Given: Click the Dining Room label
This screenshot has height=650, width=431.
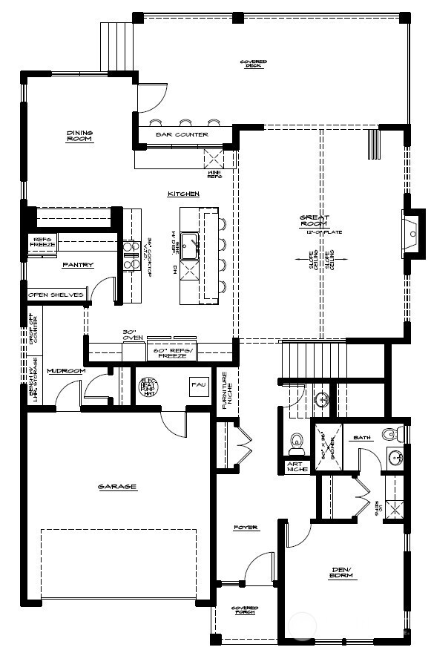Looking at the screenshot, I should coord(79,136).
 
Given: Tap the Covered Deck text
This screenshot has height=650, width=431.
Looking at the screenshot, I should coord(254,63).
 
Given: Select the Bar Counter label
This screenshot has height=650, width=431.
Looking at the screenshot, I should coord(182,134).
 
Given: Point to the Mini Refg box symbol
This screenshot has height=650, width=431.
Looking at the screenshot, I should coord(215,158).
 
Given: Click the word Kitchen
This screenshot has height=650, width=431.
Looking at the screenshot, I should coord(183,194).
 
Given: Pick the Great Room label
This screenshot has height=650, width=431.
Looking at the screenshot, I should coord(312,221).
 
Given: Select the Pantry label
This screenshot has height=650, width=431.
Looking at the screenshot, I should coord(78,264).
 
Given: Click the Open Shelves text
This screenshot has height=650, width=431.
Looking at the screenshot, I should coord(56,295).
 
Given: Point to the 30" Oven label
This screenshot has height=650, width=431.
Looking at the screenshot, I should coord(132,335).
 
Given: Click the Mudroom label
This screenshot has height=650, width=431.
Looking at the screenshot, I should coord(66,370).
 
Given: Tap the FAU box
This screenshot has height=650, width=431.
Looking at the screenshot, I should coord(198,385).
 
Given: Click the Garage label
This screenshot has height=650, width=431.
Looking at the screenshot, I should coord(117,487).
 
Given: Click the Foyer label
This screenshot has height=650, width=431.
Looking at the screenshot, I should coord(246,528).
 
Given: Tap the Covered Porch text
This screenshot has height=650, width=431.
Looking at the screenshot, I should coord(244,609).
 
